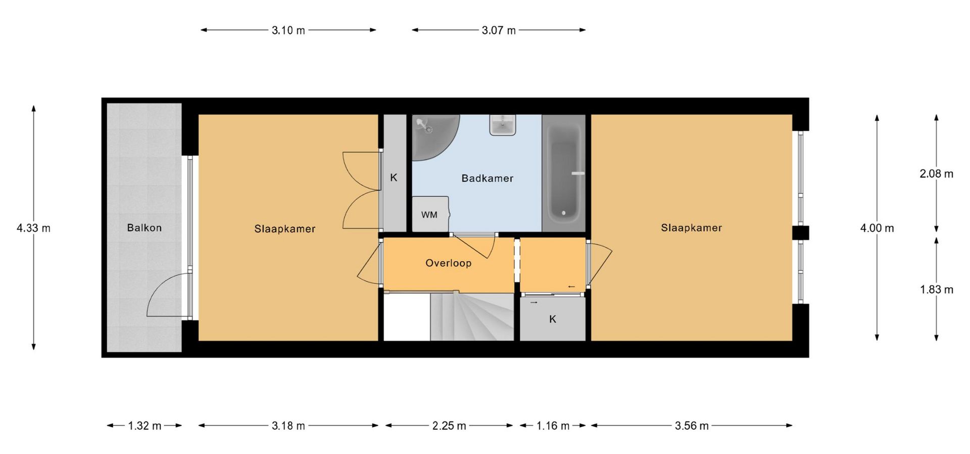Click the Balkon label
point(144,228)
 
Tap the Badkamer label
point(487,178)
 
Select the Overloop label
point(448,263)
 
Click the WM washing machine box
point(430,214)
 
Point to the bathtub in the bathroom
point(564,173)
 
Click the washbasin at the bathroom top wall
point(503,125)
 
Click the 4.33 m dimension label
point(33,228)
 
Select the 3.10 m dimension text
point(288,30)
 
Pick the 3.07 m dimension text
point(499,30)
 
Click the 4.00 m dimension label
point(877,228)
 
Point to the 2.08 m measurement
point(936,174)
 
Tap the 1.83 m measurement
point(936,290)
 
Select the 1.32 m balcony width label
point(144,426)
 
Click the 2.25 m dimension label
point(449,426)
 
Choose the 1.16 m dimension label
point(553,426)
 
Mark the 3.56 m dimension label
point(692,426)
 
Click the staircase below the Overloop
point(472,317)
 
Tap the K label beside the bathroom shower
point(394,178)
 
